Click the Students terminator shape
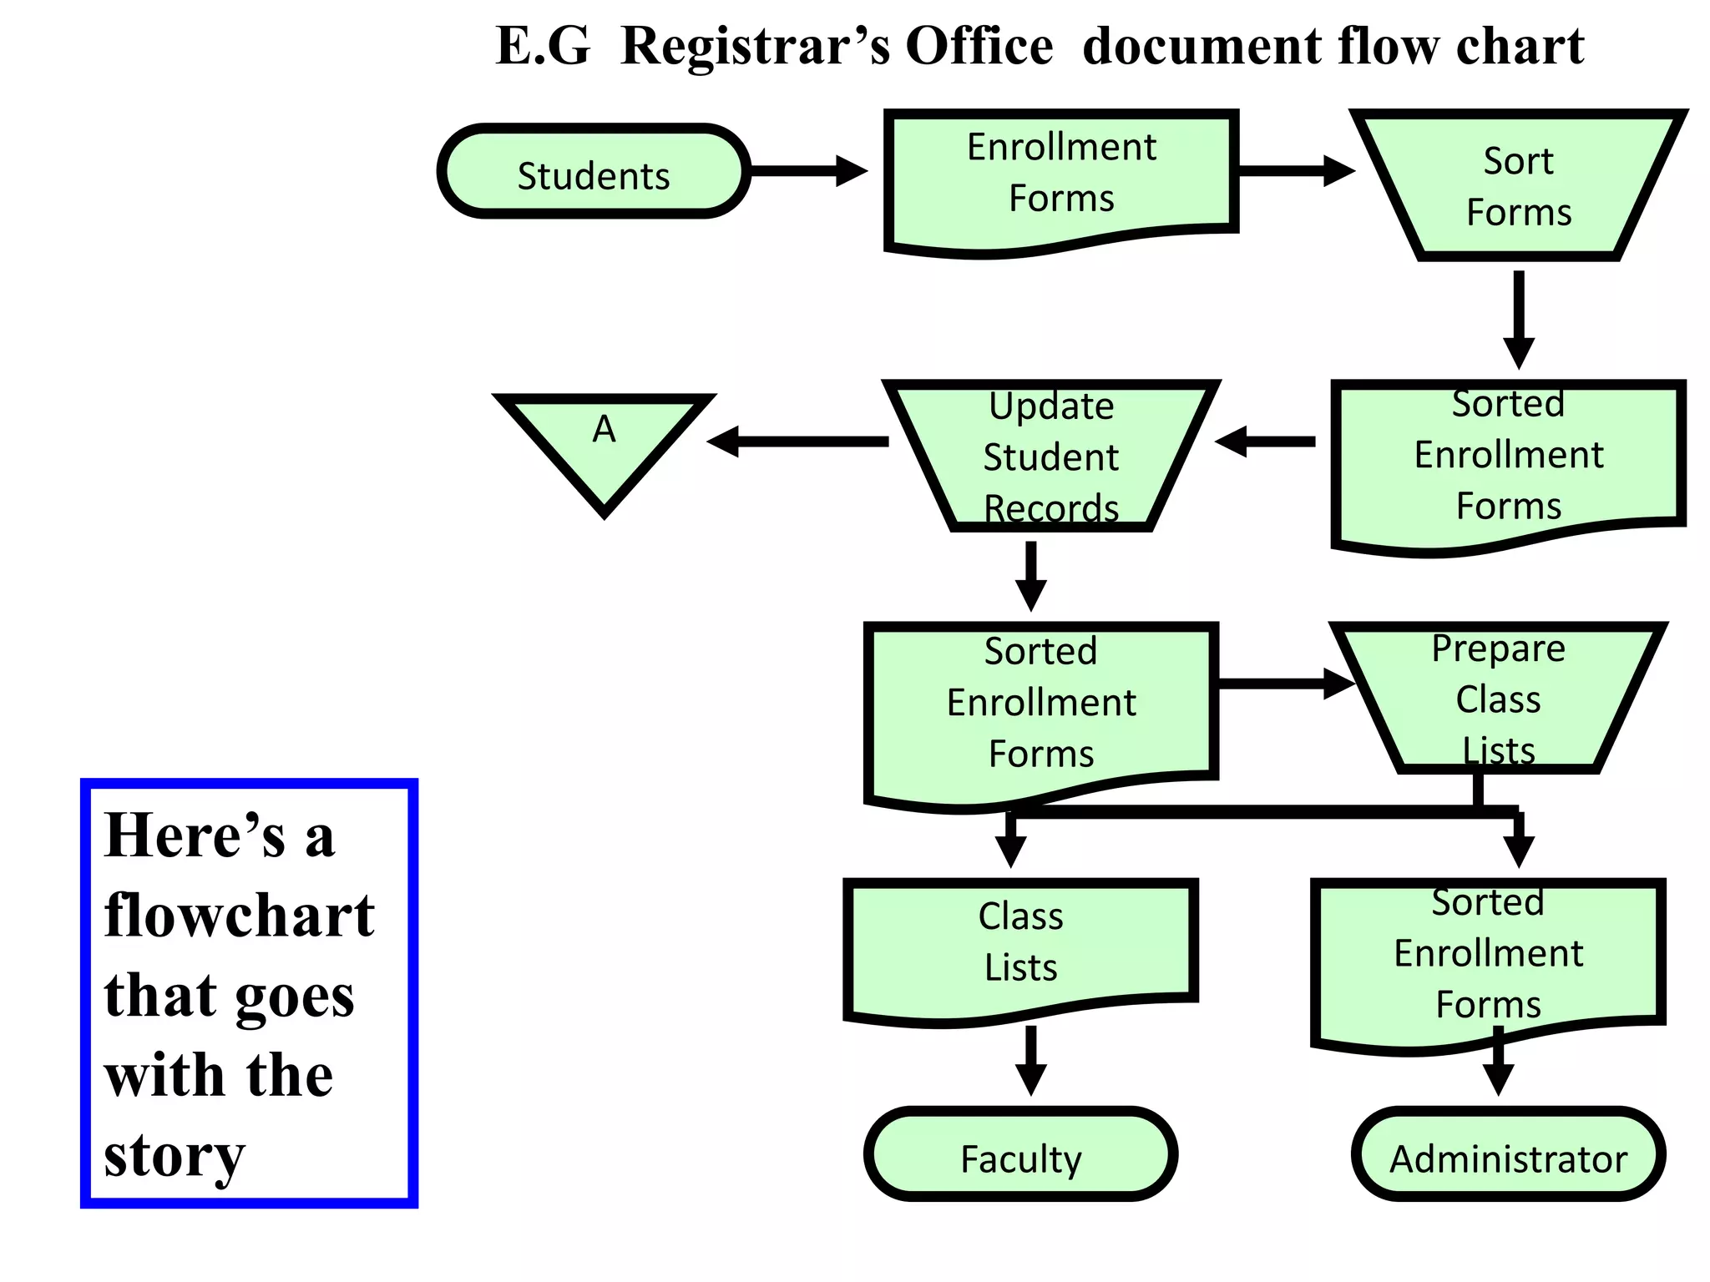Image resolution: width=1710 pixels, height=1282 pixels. pyautogui.click(x=593, y=173)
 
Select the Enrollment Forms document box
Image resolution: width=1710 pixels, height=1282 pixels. pyautogui.click(x=1060, y=175)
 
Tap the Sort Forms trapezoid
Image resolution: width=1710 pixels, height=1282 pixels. pyautogui.click(x=1518, y=185)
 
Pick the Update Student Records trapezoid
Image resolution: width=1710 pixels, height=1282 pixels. pyautogui.click(x=1050, y=457)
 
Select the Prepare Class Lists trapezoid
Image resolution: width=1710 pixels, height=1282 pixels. pyautogui.click(x=1498, y=698)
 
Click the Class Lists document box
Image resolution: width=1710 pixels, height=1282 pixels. pyautogui.click(x=1020, y=943)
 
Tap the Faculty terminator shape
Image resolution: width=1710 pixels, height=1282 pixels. pyautogui.click(x=1020, y=1156)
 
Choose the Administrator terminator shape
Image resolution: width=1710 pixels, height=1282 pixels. pyautogui.click(x=1508, y=1156)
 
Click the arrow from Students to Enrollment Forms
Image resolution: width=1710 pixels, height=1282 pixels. pyautogui.click(x=808, y=171)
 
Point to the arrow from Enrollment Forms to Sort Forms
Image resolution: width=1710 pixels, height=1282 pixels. pyautogui.click(x=1296, y=171)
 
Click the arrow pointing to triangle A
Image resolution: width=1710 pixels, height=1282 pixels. pyautogui.click(x=797, y=442)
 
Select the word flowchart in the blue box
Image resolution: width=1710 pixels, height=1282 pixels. pyautogui.click(x=240, y=916)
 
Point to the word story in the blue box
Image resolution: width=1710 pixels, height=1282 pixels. pyautogui.click(x=175, y=1156)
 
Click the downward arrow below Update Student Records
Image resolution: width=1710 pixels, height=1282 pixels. pyautogui.click(x=1031, y=576)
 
